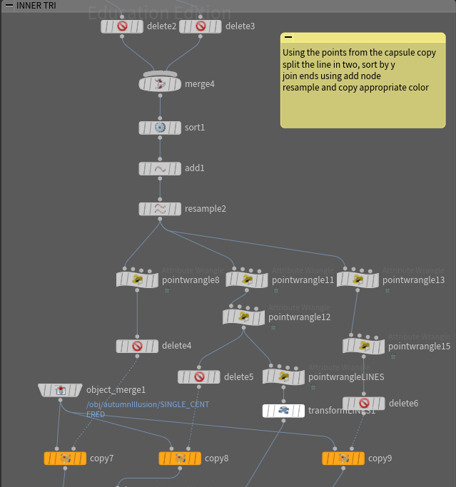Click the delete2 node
[121, 26]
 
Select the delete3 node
[200, 26]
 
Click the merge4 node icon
[160, 84]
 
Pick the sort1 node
[160, 128]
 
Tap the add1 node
[160, 169]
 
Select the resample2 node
[160, 209]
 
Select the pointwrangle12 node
[243, 317]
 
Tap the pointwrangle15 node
[364, 347]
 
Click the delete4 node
[137, 346]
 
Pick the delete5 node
[199, 376]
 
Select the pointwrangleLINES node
[283, 376]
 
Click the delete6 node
[364, 404]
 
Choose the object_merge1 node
[61, 390]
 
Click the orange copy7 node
[65, 458]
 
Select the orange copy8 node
[180, 458]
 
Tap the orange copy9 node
[343, 458]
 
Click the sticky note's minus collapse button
[288, 38]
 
